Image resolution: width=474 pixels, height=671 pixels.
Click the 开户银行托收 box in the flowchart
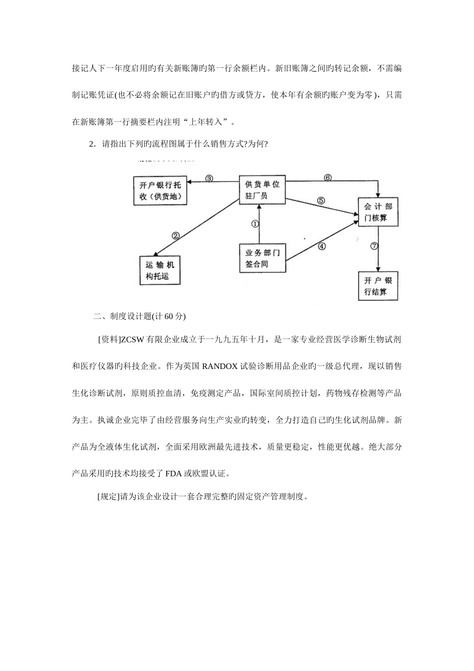point(160,190)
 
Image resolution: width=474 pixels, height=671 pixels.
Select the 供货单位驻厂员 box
point(262,190)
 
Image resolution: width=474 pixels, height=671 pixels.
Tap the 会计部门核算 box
point(378,212)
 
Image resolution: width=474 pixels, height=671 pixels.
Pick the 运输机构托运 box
point(159,270)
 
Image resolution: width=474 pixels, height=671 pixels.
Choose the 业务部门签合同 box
point(262,258)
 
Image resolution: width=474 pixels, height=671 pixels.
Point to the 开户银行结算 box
point(378,286)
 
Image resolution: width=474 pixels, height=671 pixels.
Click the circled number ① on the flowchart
point(255,224)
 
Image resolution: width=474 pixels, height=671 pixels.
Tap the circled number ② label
point(176,236)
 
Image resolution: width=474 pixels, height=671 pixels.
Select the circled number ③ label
point(210,178)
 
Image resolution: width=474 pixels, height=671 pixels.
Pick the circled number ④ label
point(322,246)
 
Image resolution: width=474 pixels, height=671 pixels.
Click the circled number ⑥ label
point(327,177)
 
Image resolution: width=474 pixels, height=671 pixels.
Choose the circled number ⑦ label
point(374,246)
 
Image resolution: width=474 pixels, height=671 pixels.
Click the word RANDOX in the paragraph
point(220,366)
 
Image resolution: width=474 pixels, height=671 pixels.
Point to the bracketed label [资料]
point(108,339)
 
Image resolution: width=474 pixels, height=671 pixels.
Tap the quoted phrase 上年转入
point(209,121)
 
